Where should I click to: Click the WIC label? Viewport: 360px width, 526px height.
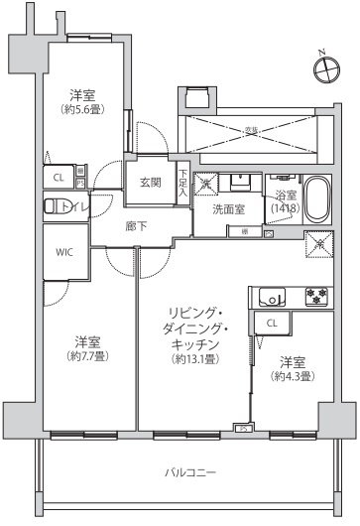click(62, 252)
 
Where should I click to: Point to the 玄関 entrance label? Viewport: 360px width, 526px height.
click(150, 183)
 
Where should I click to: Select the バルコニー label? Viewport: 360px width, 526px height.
click(189, 471)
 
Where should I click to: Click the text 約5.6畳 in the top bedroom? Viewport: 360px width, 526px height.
click(82, 110)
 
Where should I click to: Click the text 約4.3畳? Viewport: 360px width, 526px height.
click(295, 376)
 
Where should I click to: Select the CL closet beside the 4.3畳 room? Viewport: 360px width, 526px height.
click(272, 323)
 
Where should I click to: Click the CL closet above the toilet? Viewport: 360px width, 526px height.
click(59, 179)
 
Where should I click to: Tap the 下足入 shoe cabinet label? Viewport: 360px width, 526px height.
click(182, 183)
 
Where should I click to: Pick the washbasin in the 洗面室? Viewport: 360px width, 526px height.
click(239, 182)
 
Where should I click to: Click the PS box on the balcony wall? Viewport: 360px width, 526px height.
click(240, 429)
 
